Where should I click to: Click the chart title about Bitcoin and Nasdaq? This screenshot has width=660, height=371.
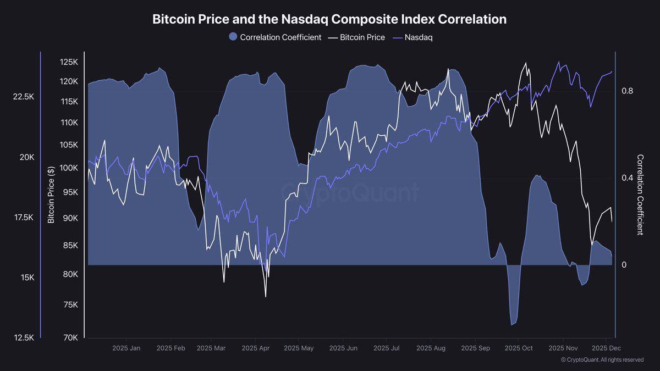329,19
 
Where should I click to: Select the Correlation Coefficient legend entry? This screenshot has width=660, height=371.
274,37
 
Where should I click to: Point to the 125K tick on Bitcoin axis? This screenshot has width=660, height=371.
69,63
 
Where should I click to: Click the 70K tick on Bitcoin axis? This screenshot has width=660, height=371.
70,337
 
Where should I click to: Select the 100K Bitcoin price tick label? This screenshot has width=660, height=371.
69,168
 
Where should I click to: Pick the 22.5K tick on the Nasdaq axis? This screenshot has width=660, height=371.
24,97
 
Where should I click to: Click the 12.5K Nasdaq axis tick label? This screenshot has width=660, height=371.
24,337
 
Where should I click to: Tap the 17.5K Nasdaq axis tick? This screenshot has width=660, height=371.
24,218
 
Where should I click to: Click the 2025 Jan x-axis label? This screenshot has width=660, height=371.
126,348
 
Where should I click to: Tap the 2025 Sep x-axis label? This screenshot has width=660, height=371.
475,348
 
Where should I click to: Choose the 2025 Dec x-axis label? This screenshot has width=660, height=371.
606,348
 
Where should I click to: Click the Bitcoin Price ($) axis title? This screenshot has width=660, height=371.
51,195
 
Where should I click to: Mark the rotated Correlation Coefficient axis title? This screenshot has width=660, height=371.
640,195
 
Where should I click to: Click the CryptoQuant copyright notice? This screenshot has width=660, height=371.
602,360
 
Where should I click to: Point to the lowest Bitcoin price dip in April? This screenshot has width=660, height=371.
266,297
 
